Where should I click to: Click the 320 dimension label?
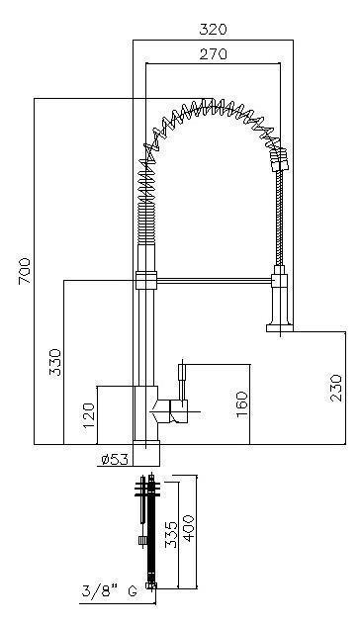(213, 30)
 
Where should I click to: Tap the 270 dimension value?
(213, 53)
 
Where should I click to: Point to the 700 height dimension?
(25, 271)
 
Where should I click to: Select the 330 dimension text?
(55, 362)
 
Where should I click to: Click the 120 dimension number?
(89, 415)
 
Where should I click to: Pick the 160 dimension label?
(242, 404)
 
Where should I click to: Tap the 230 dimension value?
(336, 388)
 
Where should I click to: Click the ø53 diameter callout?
(115, 460)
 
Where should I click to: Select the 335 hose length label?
(171, 535)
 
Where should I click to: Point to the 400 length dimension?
(188, 528)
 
